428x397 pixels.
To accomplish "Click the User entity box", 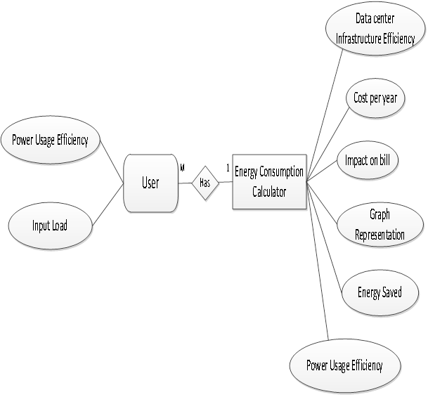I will (150, 183).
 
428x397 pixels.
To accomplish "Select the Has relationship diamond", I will (205, 183).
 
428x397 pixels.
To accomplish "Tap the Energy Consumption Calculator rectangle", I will (269, 181).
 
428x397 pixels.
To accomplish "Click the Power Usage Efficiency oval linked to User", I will (50, 139).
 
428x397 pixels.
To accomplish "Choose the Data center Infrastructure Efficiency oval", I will (376, 32).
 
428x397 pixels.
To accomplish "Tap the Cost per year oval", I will (375, 98).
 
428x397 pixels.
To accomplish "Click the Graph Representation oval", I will (380, 225).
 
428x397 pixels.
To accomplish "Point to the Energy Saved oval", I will (379, 292).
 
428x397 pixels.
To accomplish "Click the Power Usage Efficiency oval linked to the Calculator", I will (344, 365).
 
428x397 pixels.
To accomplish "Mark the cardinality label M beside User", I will (182, 168).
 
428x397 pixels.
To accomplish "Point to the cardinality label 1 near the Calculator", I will (228, 168).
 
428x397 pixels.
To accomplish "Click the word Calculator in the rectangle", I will (269, 190).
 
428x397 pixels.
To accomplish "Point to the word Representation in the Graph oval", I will (380, 234).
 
